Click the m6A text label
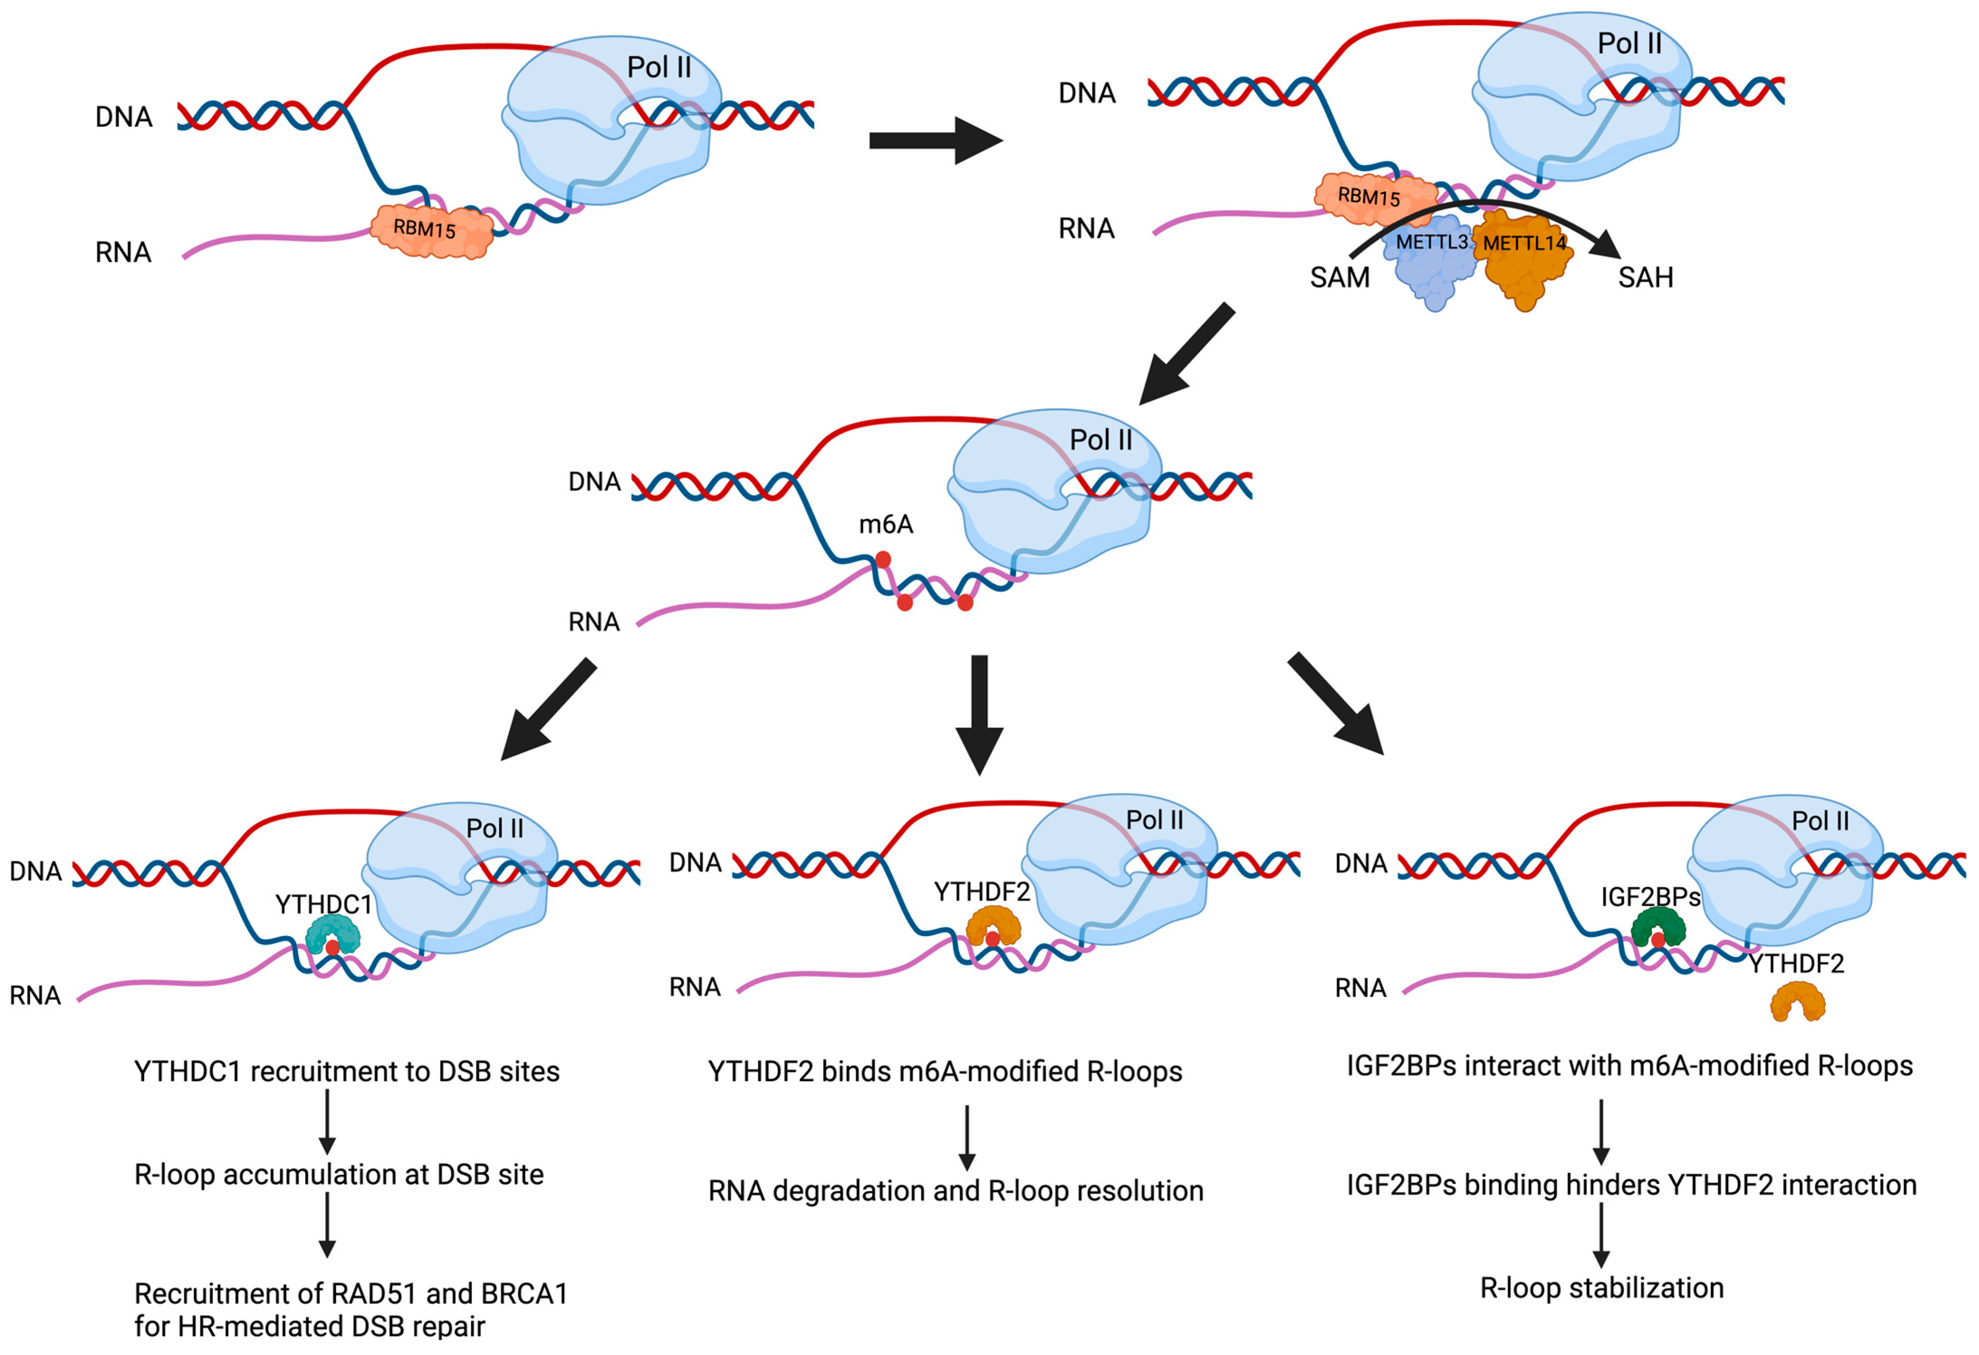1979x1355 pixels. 886,524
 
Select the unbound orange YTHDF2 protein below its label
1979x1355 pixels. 1797,1002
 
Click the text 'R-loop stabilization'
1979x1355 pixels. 1601,1288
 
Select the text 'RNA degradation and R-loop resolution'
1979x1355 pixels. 955,1191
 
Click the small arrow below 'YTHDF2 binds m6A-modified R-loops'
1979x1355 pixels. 967,1138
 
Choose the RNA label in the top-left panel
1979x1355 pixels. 124,253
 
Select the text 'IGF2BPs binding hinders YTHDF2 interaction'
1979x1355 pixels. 1631,1185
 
